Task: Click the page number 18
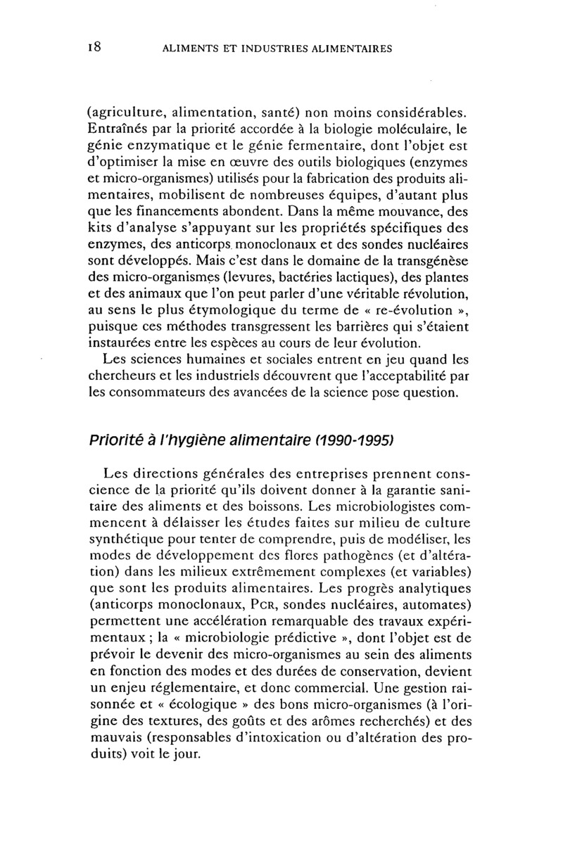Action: pos(96,48)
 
